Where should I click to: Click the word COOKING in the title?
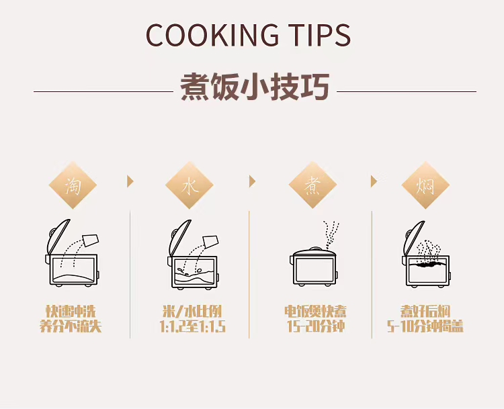coord(212,35)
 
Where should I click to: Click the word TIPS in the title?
coord(319,35)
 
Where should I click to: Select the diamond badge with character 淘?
coord(73,185)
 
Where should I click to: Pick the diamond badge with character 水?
coord(190,185)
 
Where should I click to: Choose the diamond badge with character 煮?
coord(312,185)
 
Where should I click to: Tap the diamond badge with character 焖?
coord(425,185)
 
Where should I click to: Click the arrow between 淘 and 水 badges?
coord(130,181)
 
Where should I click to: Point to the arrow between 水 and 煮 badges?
coord(252,181)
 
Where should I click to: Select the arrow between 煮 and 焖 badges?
coord(374,181)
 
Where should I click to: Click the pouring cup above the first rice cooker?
coord(91,240)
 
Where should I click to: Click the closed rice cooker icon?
coord(314,267)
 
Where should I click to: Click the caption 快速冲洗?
coord(71,312)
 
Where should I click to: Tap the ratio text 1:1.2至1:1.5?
coord(193,327)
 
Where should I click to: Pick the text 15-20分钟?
coord(316,326)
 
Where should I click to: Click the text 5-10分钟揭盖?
coord(425,326)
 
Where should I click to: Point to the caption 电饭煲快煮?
coord(315,312)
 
